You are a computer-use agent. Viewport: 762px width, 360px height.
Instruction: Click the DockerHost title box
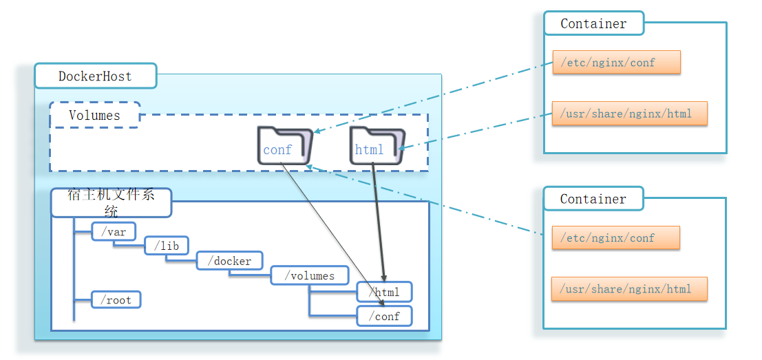pyautogui.click(x=95, y=76)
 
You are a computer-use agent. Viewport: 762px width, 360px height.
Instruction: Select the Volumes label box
pyautogui.click(x=94, y=115)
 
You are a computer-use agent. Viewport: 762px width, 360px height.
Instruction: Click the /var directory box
pyautogui.click(x=114, y=232)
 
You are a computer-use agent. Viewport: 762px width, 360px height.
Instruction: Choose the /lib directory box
pyautogui.click(x=166, y=246)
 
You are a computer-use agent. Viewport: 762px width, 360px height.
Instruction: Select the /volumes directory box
pyautogui.click(x=312, y=275)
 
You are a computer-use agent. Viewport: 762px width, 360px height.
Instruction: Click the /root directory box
pyautogui.click(x=116, y=300)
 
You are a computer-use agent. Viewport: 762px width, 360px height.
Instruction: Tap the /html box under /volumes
pyautogui.click(x=384, y=292)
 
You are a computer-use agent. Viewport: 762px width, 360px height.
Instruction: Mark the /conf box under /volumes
pyautogui.click(x=384, y=316)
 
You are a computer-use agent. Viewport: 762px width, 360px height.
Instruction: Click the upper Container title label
pyautogui.click(x=593, y=23)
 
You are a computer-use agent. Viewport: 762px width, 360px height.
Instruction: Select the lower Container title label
pyautogui.click(x=593, y=199)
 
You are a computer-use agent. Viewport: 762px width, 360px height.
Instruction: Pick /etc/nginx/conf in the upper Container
pyautogui.click(x=616, y=62)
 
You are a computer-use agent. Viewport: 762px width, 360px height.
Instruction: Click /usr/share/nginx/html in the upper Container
pyautogui.click(x=629, y=114)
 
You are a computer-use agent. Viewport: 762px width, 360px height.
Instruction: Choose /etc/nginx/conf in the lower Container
pyautogui.click(x=615, y=237)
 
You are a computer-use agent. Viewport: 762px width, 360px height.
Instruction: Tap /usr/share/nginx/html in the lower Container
pyautogui.click(x=629, y=289)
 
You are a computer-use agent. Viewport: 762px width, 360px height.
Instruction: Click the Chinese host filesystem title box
pyautogui.click(x=111, y=202)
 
